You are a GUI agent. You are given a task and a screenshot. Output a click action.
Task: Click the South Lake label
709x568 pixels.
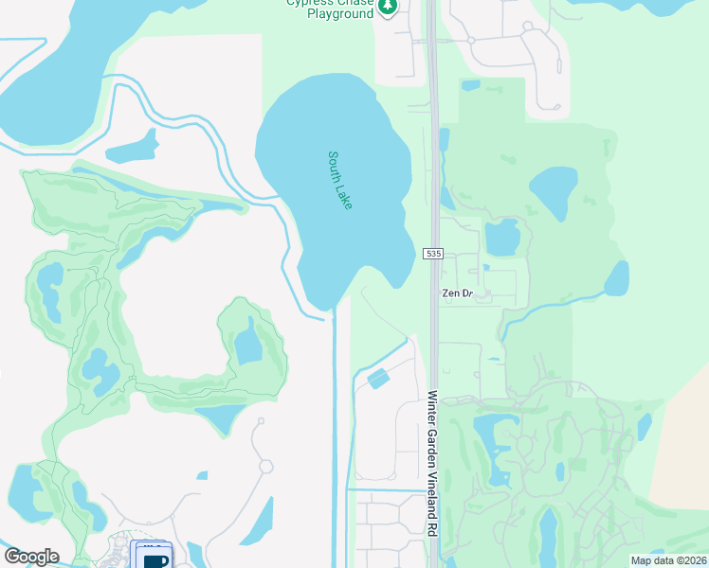point(339,180)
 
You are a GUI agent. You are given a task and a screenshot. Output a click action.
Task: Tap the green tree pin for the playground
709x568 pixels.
point(387,8)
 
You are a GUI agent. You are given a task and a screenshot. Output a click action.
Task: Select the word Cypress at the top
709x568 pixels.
point(307,3)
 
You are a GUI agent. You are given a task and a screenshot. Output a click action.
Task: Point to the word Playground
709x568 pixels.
point(338,14)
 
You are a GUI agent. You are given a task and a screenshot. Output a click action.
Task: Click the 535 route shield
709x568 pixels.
point(433,255)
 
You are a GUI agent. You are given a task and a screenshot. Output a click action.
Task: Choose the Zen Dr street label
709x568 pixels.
point(457,293)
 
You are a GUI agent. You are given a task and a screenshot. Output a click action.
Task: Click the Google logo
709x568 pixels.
point(31,557)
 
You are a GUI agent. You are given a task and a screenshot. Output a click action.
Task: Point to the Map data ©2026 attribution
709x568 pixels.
point(668,560)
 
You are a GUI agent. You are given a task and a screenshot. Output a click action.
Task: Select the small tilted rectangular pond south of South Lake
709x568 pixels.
point(378,379)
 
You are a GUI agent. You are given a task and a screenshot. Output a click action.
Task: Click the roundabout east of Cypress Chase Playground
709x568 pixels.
point(471,41)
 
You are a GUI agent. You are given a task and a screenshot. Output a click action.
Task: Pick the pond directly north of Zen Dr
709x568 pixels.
point(501,238)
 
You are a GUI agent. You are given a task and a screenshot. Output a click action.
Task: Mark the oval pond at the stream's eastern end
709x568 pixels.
point(617,278)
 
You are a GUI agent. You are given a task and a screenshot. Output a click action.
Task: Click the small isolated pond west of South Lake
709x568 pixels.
point(132,148)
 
